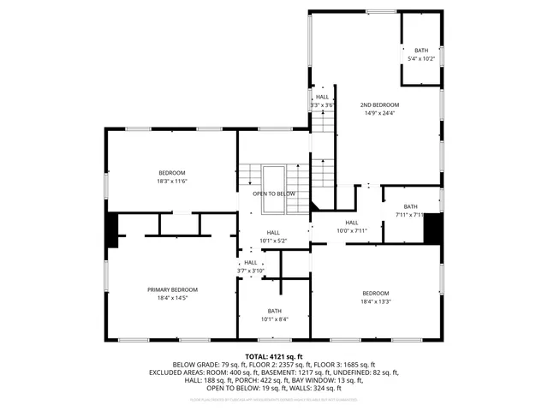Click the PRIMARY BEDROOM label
171,290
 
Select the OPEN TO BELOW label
274,194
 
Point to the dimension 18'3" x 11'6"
171,182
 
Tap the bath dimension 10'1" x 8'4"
274,319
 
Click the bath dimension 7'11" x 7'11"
410,215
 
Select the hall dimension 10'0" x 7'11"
351,230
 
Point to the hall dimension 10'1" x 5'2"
273,241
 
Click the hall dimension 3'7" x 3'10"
251,271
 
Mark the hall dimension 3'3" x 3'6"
321,104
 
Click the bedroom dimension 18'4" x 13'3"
375,301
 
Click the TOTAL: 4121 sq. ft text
274,356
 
